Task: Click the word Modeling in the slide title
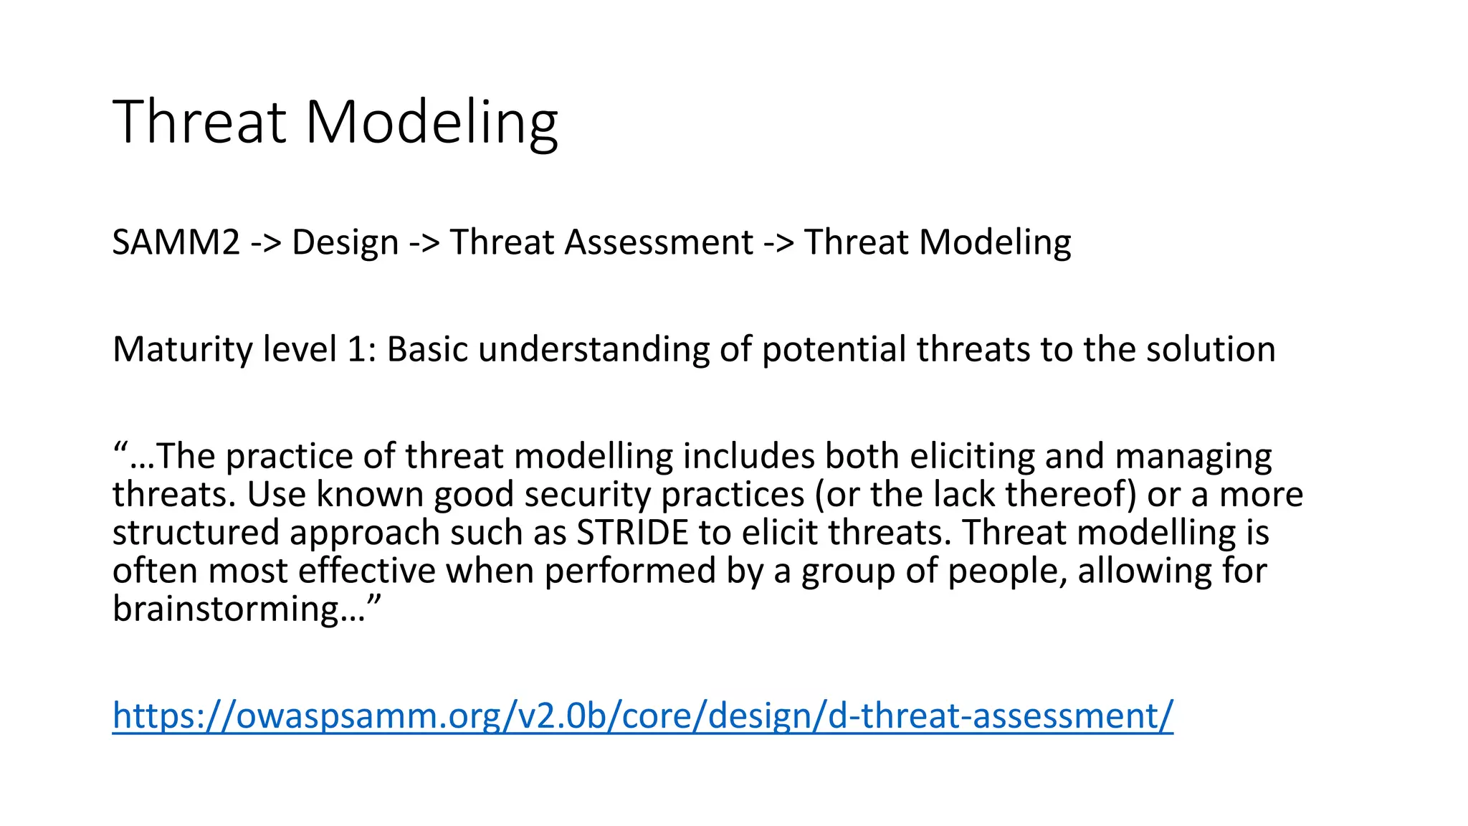(x=432, y=122)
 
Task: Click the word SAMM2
(x=176, y=242)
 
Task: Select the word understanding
(x=594, y=350)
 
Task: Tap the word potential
(x=834, y=350)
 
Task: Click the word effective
(x=366, y=571)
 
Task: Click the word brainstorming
(x=226, y=609)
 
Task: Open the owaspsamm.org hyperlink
(x=642, y=716)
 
